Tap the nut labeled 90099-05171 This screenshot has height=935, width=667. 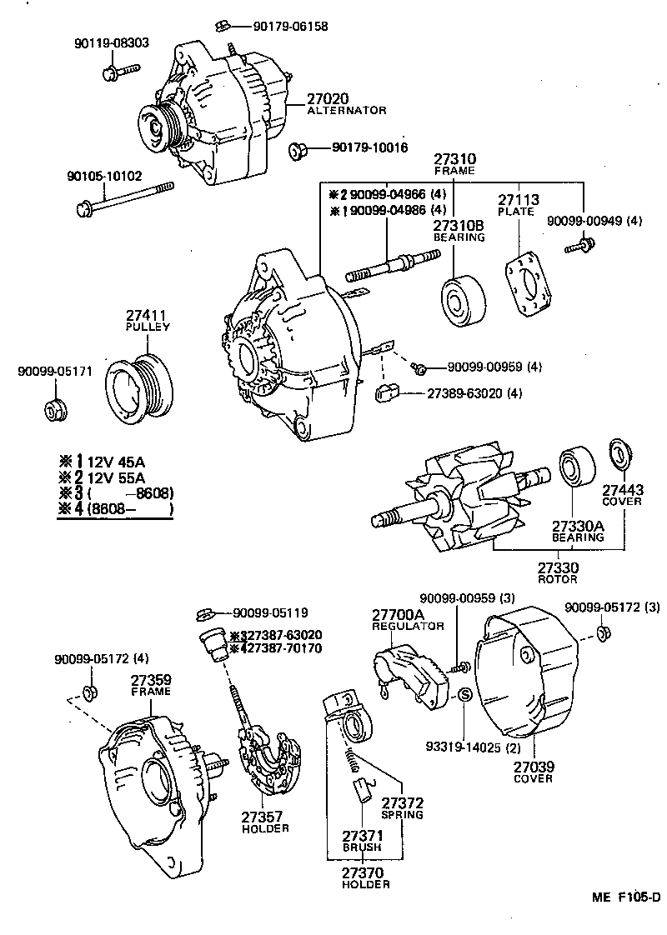(57, 410)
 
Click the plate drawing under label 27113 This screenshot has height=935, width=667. (527, 285)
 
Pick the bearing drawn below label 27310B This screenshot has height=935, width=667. (459, 298)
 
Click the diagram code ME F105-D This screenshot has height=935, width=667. (625, 897)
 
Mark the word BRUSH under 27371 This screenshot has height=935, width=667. (361, 847)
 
